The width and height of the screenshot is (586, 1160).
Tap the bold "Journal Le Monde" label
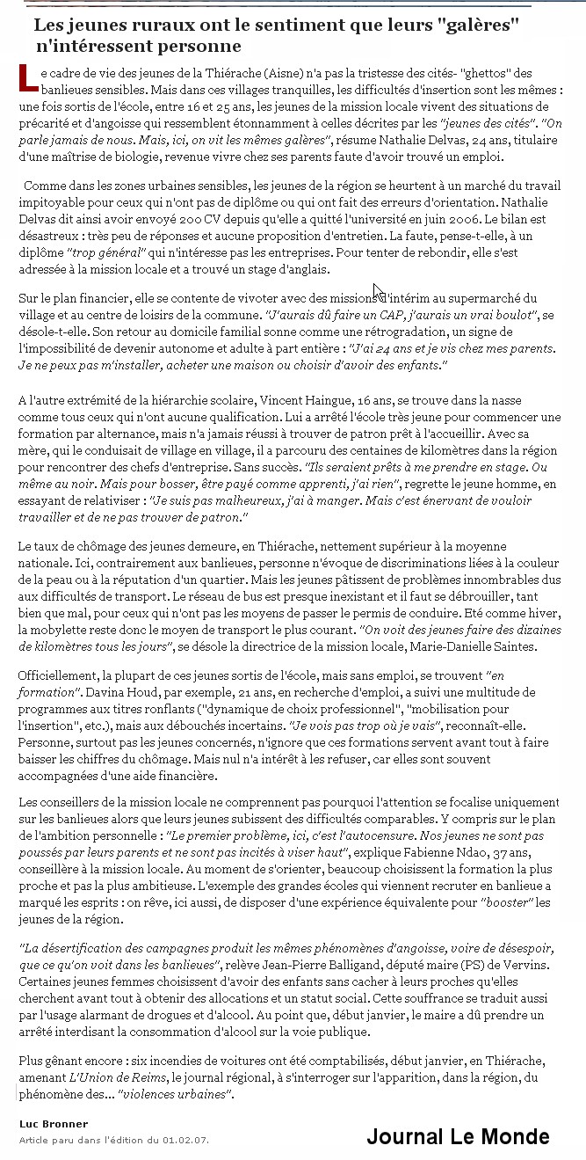click(458, 1136)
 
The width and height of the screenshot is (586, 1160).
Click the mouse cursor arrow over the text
click(378, 292)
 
